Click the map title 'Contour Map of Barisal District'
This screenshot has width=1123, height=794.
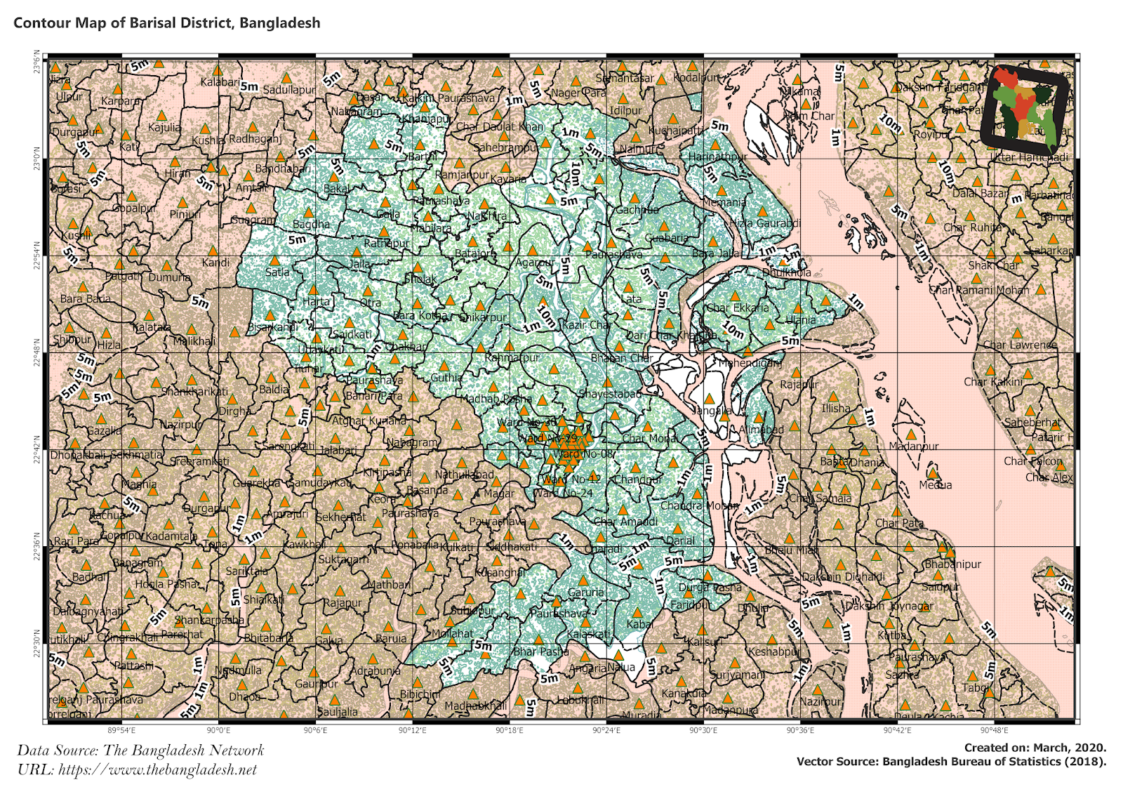[166, 22]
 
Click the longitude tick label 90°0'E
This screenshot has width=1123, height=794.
[218, 731]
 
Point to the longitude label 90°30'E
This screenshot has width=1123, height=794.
[703, 731]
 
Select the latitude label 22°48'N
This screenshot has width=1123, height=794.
[36, 353]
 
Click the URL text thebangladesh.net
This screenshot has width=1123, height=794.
[157, 769]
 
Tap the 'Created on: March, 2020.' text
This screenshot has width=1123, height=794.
[1035, 748]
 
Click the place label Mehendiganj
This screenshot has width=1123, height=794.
[750, 363]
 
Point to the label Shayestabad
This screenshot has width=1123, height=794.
[609, 394]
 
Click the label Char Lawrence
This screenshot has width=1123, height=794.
[1019, 345]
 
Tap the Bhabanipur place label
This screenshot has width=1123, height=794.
[952, 564]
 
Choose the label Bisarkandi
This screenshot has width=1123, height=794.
[273, 327]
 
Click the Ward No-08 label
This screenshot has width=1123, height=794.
[583, 454]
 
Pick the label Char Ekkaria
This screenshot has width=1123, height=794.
[737, 307]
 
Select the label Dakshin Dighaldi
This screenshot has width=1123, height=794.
[843, 576]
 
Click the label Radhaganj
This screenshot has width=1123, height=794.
[255, 139]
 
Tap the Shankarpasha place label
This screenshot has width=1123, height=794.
[209, 620]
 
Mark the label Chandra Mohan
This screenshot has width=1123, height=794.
[699, 505]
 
